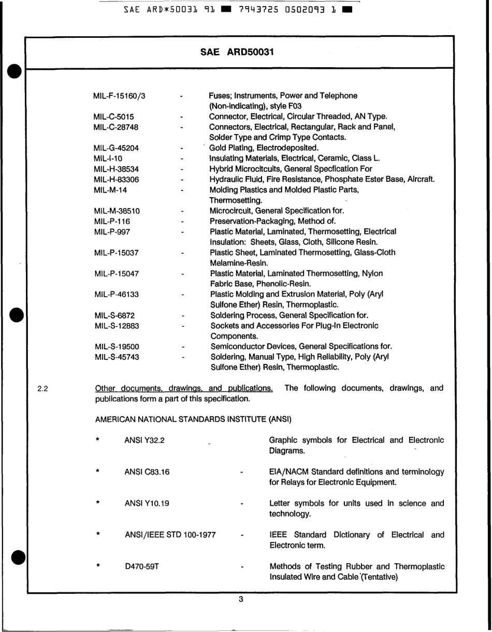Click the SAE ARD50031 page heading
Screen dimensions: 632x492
pyautogui.click(x=237, y=52)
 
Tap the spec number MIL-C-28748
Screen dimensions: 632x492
pyautogui.click(x=116, y=127)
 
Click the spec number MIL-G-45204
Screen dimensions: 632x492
pyautogui.click(x=116, y=149)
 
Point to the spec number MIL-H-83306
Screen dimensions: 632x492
pyautogui.click(x=116, y=180)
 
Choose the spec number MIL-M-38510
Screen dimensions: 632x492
pyautogui.click(x=117, y=211)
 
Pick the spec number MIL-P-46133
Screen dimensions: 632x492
pyautogui.click(x=117, y=295)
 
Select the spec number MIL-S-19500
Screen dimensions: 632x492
pyautogui.click(x=117, y=347)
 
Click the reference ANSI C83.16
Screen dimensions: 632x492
pyautogui.click(x=147, y=473)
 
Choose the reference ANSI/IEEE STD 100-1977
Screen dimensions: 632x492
pyautogui.click(x=170, y=535)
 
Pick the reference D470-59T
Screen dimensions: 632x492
pyautogui.click(x=141, y=567)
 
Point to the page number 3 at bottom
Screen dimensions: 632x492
pyautogui.click(x=240, y=599)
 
